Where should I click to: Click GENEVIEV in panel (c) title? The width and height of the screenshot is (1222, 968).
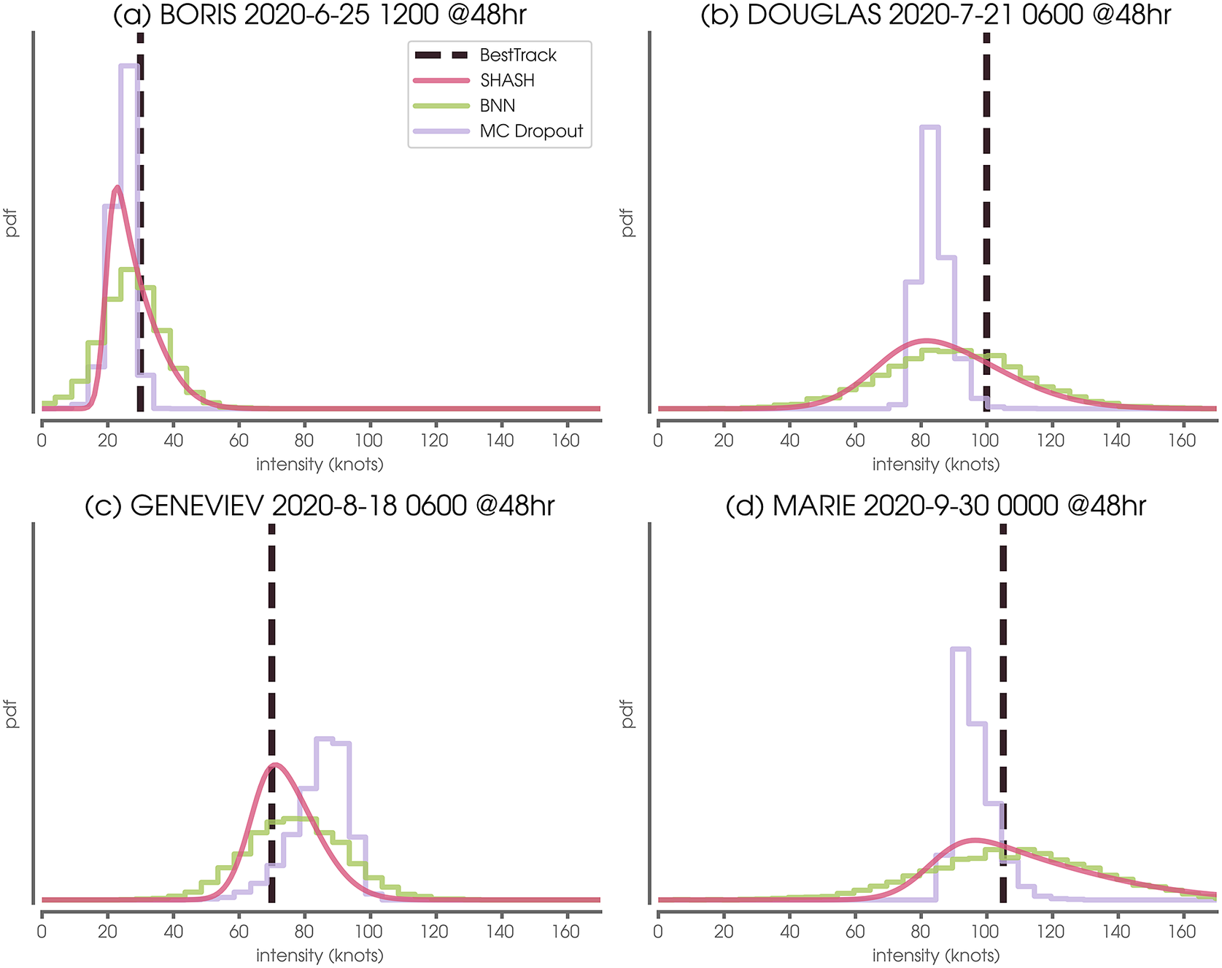(196, 506)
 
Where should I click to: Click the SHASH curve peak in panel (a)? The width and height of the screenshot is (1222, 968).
(117, 187)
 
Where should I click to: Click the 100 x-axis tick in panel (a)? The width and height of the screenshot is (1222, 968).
(369, 441)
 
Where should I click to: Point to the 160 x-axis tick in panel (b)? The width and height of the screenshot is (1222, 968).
(1182, 441)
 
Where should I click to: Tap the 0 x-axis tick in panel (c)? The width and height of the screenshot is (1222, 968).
(42, 932)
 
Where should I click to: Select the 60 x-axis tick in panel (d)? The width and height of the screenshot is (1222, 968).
(855, 932)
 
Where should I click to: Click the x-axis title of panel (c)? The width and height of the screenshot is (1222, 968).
(320, 955)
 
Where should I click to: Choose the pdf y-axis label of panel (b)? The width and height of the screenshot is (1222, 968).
(627, 222)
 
